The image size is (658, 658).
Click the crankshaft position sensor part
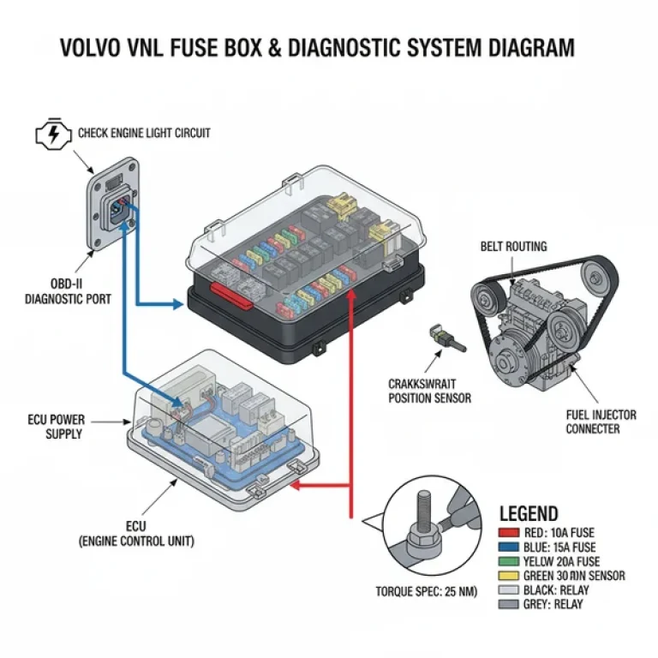pyautogui.click(x=446, y=340)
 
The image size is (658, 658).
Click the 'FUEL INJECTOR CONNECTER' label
pyautogui.click(x=601, y=422)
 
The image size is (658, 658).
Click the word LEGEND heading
pyautogui.click(x=528, y=514)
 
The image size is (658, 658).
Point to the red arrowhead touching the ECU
pyautogui.click(x=296, y=486)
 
